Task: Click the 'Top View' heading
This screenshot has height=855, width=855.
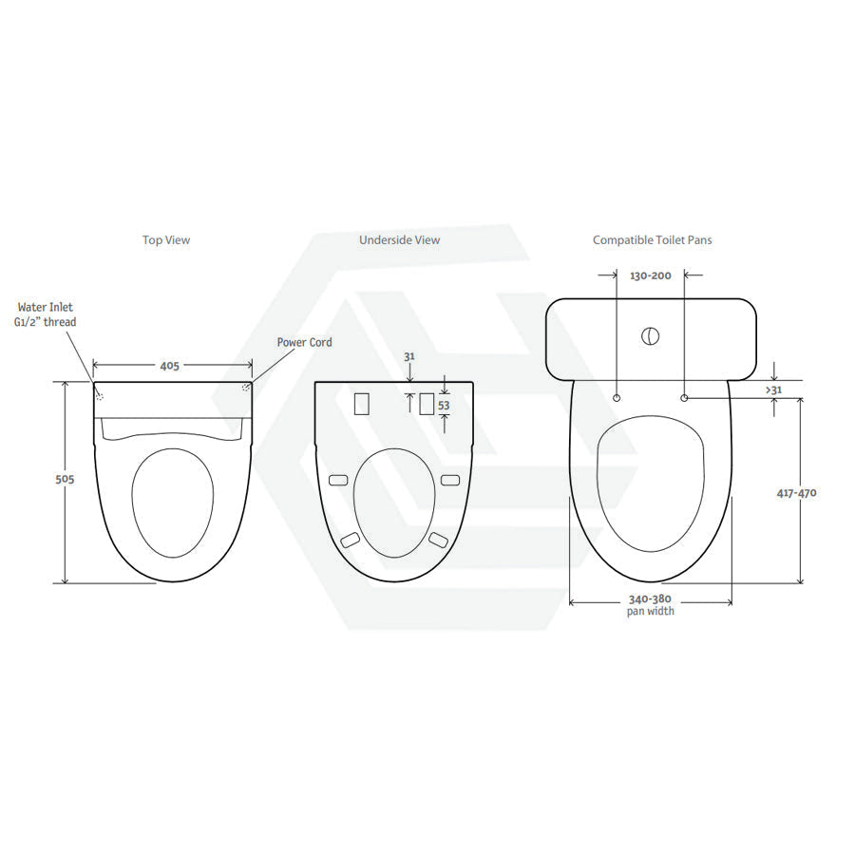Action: [x=166, y=240]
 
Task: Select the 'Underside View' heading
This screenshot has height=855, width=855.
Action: [x=400, y=240]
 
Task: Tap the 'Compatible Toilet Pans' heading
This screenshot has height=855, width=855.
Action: [x=652, y=240]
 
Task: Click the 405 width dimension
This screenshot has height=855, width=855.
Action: [x=170, y=366]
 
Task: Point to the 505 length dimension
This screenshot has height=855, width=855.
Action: [x=65, y=480]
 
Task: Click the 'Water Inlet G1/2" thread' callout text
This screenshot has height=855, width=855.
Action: [x=46, y=314]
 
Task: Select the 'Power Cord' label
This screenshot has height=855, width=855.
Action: [x=304, y=342]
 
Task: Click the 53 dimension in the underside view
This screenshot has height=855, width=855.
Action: [x=444, y=406]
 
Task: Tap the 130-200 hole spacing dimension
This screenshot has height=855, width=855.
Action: [x=651, y=275]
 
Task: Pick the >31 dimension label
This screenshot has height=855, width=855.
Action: [x=773, y=389]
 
